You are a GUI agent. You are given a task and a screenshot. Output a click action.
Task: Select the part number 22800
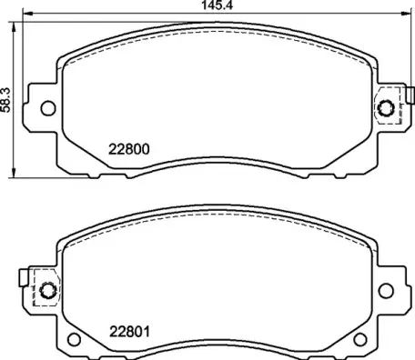[129, 151]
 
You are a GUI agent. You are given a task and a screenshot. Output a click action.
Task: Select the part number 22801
[129, 331]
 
